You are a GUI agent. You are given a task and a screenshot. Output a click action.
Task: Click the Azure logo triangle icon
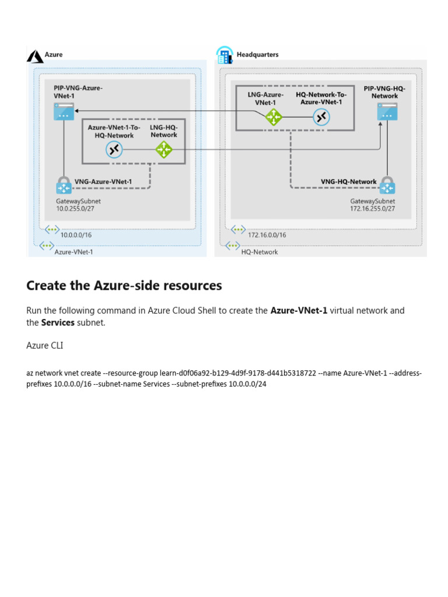pos(36,55)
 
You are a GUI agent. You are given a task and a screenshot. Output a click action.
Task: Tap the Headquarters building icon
pos(224,55)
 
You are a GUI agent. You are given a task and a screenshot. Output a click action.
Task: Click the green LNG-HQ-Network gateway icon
pos(164,150)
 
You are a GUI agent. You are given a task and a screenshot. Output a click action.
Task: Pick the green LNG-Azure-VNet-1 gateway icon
pos(273,117)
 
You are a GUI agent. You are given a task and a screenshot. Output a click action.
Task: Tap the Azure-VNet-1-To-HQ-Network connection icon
pos(114,150)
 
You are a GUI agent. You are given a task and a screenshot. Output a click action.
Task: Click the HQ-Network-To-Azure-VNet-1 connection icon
pos(321,117)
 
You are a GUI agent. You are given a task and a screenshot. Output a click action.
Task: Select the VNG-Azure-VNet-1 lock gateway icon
pos(63,186)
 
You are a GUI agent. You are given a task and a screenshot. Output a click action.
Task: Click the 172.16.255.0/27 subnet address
pos(372,208)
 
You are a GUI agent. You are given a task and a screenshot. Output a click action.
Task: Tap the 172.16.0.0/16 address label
pos(267,235)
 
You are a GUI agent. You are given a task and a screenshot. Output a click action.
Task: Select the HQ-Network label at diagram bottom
pos(260,252)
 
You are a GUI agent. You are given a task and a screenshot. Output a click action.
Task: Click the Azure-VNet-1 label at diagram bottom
pos(73,252)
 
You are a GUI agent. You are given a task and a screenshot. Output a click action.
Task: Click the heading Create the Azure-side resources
pos(124,286)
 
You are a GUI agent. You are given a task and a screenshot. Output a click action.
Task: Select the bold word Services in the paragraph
pos(58,322)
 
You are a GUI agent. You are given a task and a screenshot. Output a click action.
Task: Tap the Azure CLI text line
pos(45,346)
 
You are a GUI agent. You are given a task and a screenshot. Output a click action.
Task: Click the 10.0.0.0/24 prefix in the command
pos(247,384)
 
